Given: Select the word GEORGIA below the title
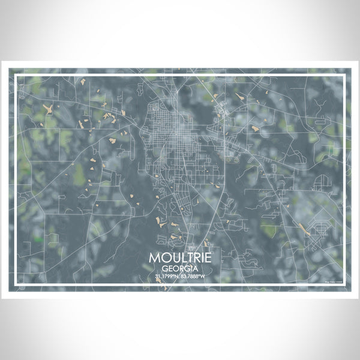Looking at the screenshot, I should tap(180, 268).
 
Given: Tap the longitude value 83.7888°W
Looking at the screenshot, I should tap(194, 277).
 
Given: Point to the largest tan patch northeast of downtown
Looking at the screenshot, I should tap(254, 128).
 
